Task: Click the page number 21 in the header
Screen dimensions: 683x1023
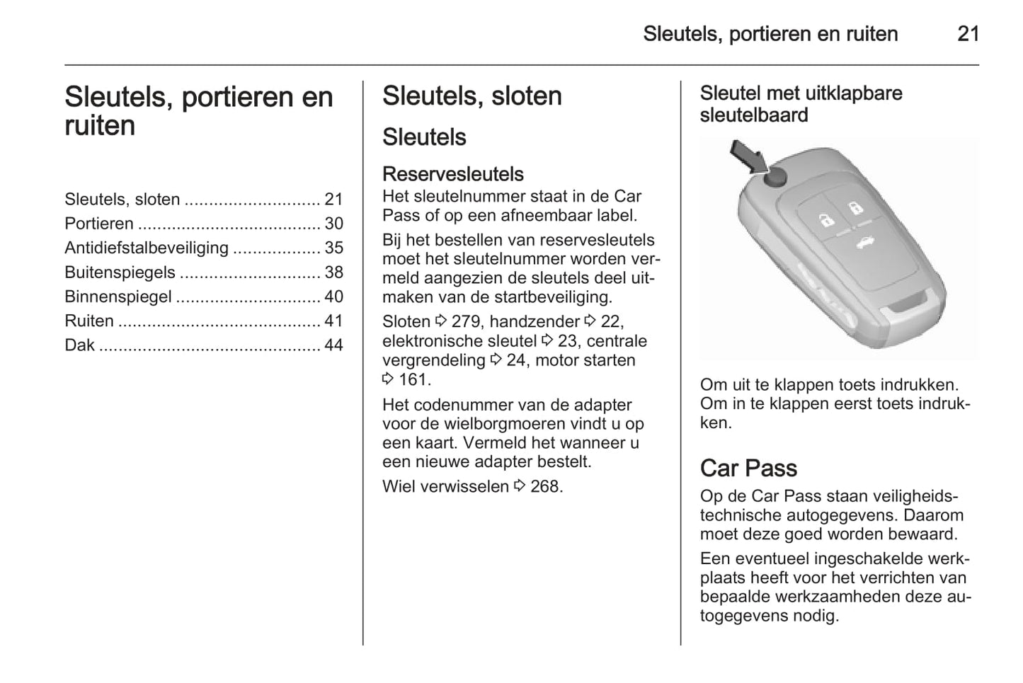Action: [x=968, y=34]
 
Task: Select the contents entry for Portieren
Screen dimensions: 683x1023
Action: [x=99, y=224]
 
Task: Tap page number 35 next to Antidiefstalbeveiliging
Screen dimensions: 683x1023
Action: [x=333, y=248]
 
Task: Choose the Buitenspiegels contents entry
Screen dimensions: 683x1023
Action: [x=120, y=272]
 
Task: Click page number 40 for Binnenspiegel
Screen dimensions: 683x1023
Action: [x=333, y=297]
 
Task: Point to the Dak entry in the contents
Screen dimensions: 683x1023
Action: [x=79, y=345]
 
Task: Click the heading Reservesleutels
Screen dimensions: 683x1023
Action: [x=453, y=174]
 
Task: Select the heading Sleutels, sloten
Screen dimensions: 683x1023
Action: [x=472, y=96]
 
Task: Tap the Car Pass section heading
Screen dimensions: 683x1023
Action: [x=748, y=468]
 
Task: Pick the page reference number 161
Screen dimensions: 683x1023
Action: [x=413, y=379]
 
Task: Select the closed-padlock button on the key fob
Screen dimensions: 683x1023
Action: [x=825, y=219]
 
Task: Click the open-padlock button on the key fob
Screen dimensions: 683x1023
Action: [x=855, y=207]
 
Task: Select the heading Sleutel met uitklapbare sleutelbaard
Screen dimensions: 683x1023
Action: [x=801, y=104]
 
